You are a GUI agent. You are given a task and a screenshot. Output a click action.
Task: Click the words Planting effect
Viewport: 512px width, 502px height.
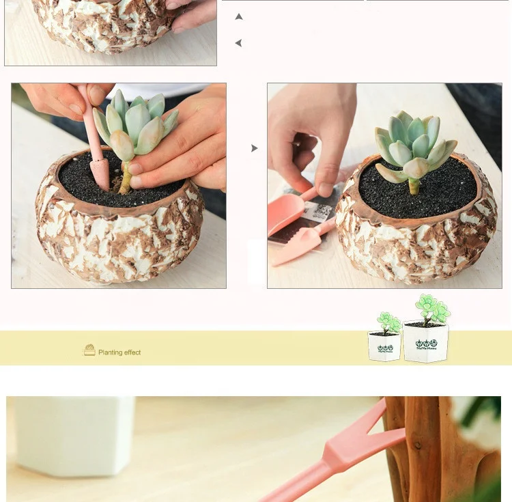click(x=119, y=352)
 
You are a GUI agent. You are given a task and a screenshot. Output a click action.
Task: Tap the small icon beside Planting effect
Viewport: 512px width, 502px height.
click(x=89, y=350)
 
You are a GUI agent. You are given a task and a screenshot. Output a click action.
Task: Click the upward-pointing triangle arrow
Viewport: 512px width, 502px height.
click(x=238, y=16)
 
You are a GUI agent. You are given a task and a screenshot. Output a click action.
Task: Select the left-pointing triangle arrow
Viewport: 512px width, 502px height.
click(x=238, y=43)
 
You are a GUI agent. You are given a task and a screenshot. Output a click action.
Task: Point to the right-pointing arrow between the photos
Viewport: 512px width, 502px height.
click(x=255, y=148)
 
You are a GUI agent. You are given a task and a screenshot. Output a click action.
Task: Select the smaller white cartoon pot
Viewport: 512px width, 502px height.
click(x=384, y=346)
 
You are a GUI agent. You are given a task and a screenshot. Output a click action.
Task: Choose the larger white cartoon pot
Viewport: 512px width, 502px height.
click(x=425, y=341)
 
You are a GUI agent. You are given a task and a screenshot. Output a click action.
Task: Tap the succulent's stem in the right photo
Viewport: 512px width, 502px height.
click(x=413, y=184)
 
